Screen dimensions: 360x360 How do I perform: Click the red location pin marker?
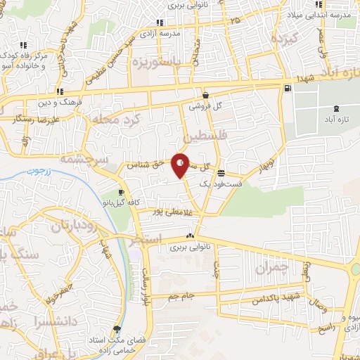point(181,165)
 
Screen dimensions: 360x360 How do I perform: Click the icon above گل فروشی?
point(205,96)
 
